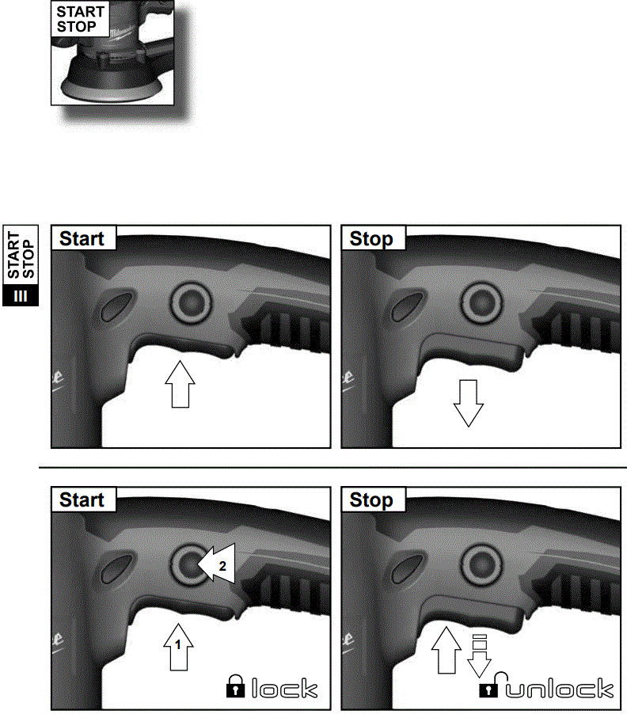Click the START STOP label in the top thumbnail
click(77, 20)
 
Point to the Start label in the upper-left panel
click(82, 238)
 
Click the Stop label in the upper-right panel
click(371, 238)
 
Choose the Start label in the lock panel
click(82, 499)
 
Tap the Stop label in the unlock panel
click(371, 499)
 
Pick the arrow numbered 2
click(218, 565)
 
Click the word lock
click(285, 689)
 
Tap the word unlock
click(560, 689)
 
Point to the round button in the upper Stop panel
click(480, 302)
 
